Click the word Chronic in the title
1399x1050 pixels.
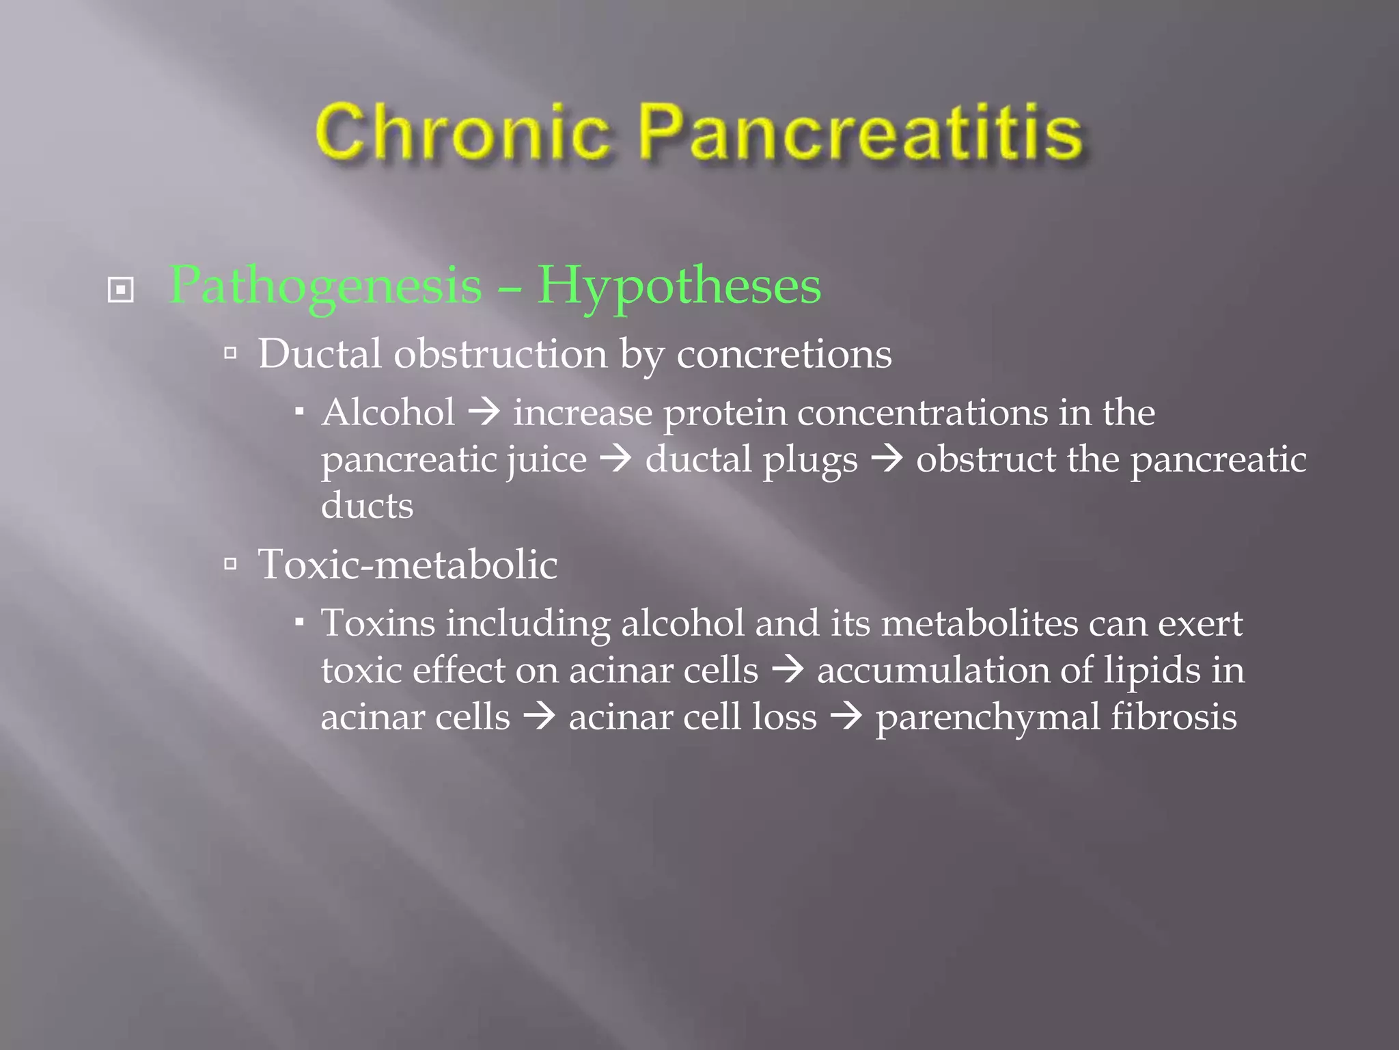coord(462,131)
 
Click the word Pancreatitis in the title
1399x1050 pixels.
coord(861,133)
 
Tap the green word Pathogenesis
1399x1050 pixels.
coord(325,286)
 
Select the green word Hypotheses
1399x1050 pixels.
coord(679,286)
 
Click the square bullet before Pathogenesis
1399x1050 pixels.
coord(121,290)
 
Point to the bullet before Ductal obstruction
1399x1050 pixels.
coord(231,353)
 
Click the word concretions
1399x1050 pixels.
coord(784,355)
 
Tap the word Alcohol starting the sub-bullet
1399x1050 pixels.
coord(388,413)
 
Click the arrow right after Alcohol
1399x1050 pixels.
coord(484,413)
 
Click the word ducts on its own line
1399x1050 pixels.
coord(368,506)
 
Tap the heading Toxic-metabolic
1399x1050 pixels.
coord(407,565)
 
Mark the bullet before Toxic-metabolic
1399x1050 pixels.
coord(231,564)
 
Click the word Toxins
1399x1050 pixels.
coord(378,623)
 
